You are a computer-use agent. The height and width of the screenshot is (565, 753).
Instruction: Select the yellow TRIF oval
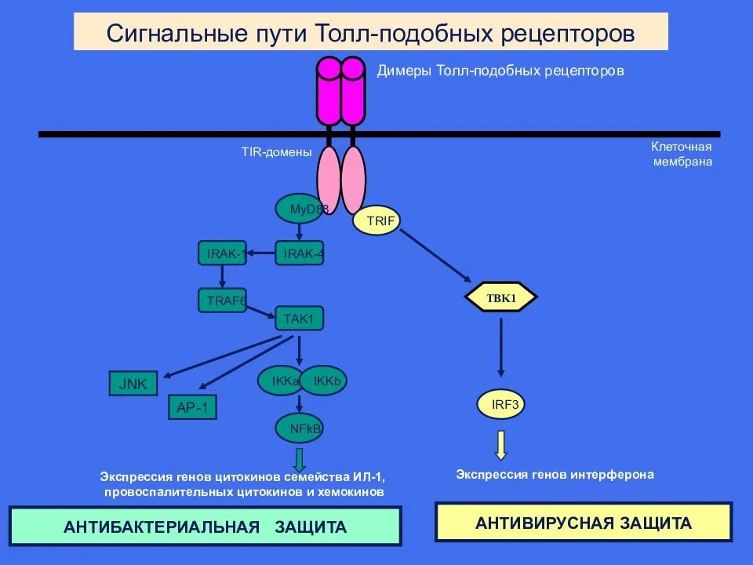coord(376,221)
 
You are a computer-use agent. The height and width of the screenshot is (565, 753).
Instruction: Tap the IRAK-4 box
coord(300,253)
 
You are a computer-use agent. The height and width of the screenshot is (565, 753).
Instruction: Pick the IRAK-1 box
coord(222,253)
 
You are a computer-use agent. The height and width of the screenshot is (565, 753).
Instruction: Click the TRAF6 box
coord(222,300)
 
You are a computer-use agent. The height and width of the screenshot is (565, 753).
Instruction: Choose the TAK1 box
coord(299,318)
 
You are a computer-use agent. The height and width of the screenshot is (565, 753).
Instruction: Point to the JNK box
coord(133,384)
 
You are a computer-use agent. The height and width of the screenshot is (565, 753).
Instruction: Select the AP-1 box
coord(193,408)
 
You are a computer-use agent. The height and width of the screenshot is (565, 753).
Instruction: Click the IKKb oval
coord(324,381)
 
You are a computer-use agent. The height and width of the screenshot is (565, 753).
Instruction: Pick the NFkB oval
coord(300,428)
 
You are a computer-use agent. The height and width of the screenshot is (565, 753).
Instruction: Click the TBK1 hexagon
coord(501,297)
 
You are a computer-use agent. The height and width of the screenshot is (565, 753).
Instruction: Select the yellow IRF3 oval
coord(501,404)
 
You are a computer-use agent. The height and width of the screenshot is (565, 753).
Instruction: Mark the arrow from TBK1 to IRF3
coord(501,345)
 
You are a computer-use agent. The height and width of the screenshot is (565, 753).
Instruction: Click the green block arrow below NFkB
coord(299,459)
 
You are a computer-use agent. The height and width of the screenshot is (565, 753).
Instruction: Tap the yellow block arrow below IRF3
coord(501,444)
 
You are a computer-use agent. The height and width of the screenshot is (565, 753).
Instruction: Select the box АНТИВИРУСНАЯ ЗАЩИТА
coord(584,523)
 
